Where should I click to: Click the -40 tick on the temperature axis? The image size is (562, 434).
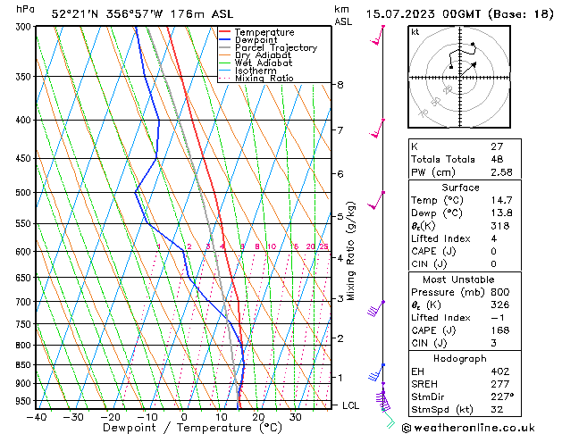click(37, 417)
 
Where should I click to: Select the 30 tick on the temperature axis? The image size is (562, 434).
click(295, 417)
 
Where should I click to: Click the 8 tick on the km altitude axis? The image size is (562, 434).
click(340, 85)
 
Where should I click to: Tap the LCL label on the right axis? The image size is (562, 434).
click(351, 405)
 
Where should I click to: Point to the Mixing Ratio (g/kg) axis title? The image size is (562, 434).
click(351, 252)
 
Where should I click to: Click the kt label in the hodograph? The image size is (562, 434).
click(415, 32)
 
